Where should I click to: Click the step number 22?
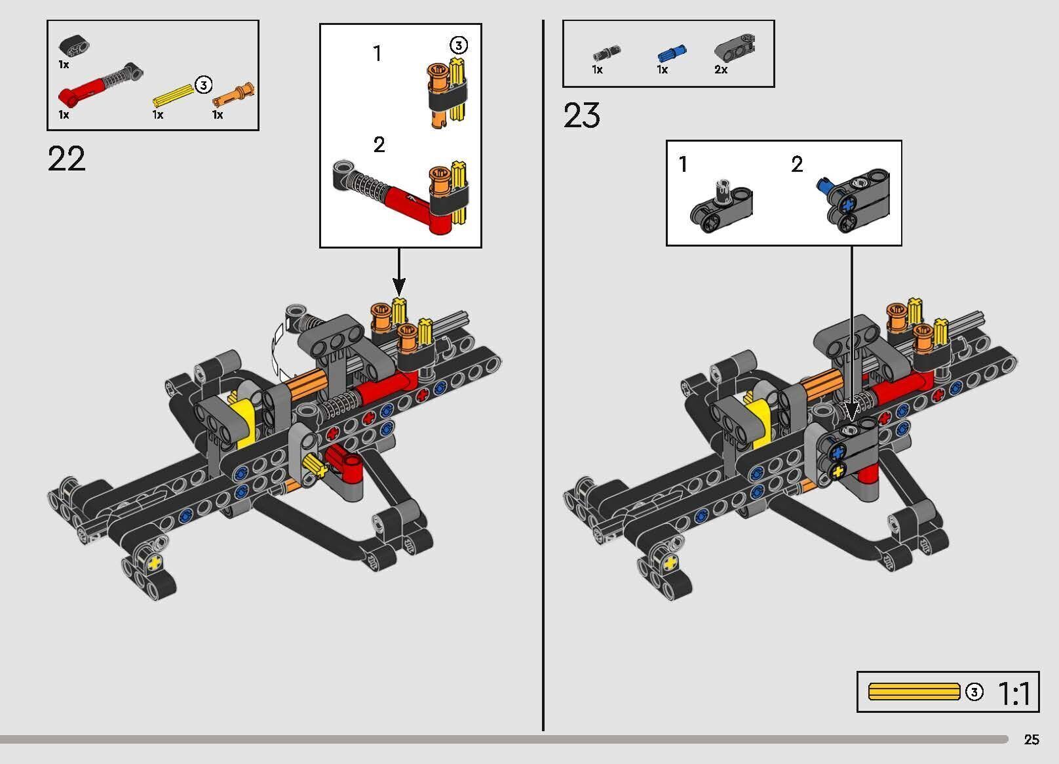click(x=66, y=159)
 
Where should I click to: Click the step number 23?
click(x=581, y=116)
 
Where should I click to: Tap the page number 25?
click(x=1031, y=740)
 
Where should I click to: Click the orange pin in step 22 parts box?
click(x=235, y=95)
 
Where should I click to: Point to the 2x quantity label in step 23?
click(x=721, y=70)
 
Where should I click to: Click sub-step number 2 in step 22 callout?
click(x=379, y=145)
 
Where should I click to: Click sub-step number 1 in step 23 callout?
click(x=684, y=164)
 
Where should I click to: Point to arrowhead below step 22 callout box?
click(x=399, y=287)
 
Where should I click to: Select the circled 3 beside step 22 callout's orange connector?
click(x=458, y=45)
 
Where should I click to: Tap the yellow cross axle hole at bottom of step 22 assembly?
click(x=155, y=562)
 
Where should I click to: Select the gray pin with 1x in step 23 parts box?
click(x=606, y=52)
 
